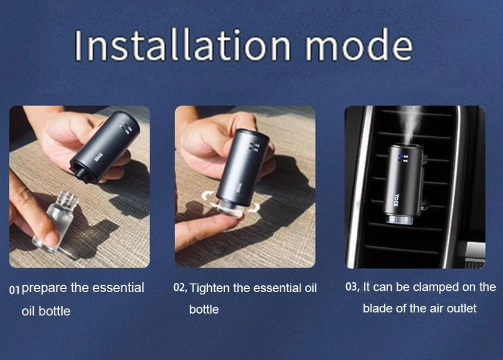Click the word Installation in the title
(x=182, y=45)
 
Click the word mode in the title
(x=359, y=45)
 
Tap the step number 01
(x=14, y=290)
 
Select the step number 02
(x=181, y=288)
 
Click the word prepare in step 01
(x=44, y=288)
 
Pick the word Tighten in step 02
(x=210, y=288)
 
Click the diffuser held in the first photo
(x=105, y=147)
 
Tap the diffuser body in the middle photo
(x=242, y=167)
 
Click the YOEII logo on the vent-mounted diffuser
(x=397, y=200)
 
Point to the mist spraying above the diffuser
(x=410, y=125)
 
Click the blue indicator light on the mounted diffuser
(x=400, y=157)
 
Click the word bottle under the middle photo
(x=204, y=309)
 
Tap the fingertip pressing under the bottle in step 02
(x=224, y=222)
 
